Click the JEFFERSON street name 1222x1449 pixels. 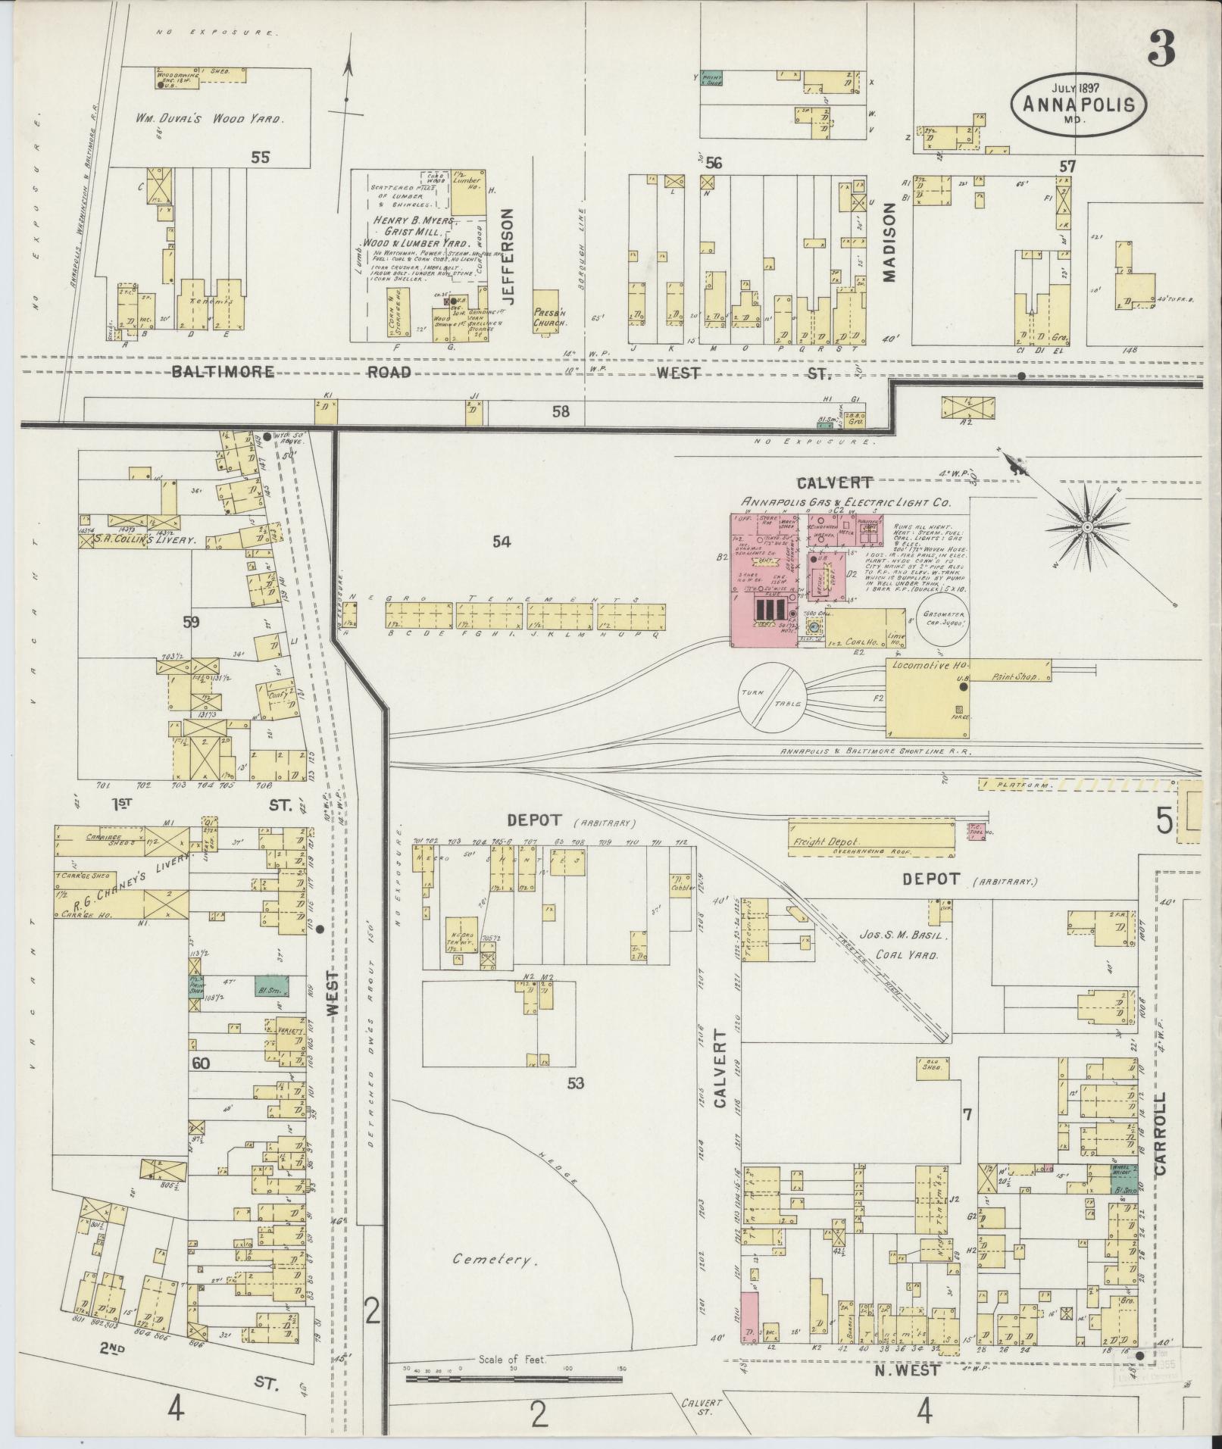[x=508, y=258]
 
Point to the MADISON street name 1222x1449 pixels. [x=889, y=245]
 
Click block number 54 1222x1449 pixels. [x=501, y=542]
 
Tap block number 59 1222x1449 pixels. [x=191, y=622]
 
